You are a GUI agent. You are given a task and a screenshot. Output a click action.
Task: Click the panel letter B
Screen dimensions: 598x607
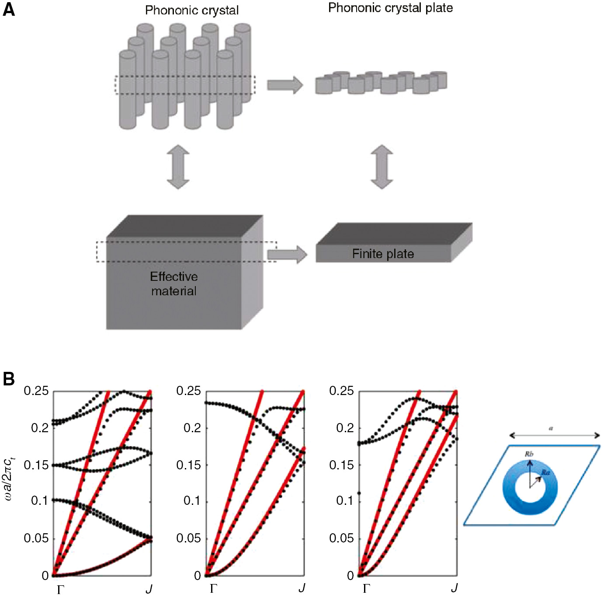tap(8, 378)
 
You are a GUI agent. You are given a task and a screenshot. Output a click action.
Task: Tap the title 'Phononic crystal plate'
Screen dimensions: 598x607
tap(390, 8)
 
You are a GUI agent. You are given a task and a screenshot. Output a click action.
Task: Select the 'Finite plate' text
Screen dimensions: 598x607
tap(383, 254)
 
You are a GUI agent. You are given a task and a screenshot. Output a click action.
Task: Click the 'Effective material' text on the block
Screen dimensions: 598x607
tap(174, 283)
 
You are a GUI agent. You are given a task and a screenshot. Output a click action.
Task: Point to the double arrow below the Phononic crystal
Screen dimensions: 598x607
tap(178, 167)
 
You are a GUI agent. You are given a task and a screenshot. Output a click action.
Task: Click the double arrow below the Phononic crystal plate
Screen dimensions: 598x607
tap(382, 167)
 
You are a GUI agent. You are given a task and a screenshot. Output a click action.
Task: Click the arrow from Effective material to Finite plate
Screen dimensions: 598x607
tap(287, 254)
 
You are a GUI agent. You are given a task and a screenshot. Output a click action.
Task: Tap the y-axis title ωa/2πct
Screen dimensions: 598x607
tap(9, 476)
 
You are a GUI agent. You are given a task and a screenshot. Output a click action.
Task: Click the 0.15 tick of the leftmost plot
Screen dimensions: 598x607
tap(36, 465)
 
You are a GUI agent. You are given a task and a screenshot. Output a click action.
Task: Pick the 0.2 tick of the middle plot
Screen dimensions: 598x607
tap(192, 428)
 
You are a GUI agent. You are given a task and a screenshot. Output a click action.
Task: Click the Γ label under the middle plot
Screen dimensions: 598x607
tap(213, 588)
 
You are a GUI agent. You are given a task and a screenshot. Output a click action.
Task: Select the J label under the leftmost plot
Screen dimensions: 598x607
tap(149, 589)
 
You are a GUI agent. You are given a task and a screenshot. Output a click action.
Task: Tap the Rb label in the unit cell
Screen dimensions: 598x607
tap(529, 454)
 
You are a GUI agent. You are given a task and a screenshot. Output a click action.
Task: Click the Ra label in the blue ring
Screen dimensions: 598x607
tap(545, 472)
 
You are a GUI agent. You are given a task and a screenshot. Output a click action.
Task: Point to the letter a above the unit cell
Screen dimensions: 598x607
tap(551, 428)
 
